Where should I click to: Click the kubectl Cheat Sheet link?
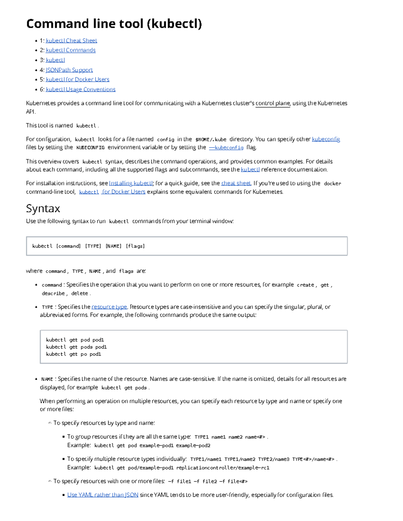tap(71, 41)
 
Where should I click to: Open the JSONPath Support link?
tap(69, 70)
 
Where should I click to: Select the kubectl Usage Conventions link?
tap(81, 89)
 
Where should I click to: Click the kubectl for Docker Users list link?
tap(78, 80)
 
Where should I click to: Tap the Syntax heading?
tap(43, 209)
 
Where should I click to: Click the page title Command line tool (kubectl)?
tap(114, 24)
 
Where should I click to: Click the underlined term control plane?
tap(273, 103)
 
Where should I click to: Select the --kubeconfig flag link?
tap(226, 147)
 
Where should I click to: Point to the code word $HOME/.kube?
tap(211, 140)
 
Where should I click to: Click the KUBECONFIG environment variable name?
tap(90, 148)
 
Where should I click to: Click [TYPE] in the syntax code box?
tap(93, 246)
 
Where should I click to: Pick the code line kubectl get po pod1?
tap(74, 354)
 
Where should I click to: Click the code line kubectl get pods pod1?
tap(76, 347)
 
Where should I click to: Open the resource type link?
tap(109, 307)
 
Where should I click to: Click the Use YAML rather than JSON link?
tap(103, 495)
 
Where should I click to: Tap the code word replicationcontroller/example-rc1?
tap(223, 468)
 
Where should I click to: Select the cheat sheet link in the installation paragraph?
tap(236, 183)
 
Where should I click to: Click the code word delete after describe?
tap(80, 294)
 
